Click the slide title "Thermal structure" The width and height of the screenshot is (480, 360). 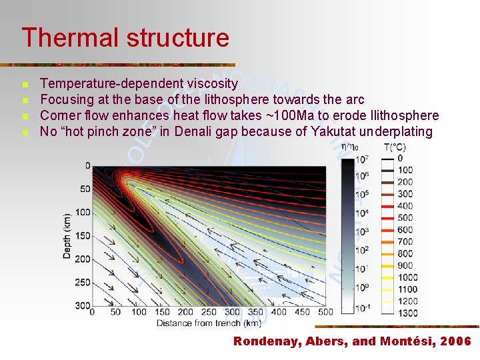pos(125,37)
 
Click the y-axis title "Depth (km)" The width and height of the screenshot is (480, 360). pos(67,237)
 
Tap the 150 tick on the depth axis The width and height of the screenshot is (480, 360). pos(83,235)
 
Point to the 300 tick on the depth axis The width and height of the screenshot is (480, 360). pos(83,305)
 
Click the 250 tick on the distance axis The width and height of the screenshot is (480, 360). pos(208,312)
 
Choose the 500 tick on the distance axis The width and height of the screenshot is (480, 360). pos(325,312)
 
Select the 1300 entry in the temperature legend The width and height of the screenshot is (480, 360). pos(407,313)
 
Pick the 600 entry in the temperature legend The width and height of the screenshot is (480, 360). pos(405,230)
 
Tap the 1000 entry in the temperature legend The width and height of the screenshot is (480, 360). pos(407,277)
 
